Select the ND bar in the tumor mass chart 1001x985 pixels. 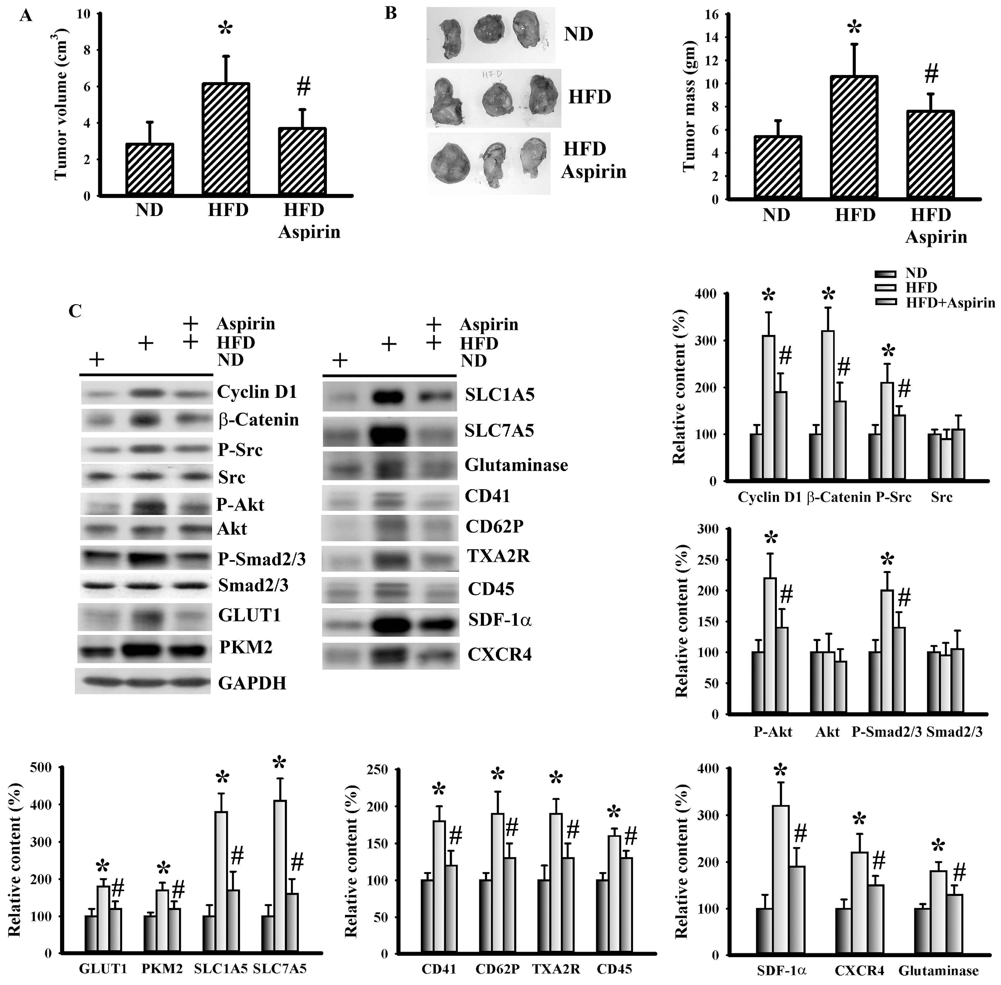(x=777, y=168)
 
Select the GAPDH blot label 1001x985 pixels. (x=252, y=683)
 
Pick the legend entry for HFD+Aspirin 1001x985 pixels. (x=950, y=303)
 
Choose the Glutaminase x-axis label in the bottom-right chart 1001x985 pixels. (x=938, y=971)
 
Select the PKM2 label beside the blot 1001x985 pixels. (x=245, y=647)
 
